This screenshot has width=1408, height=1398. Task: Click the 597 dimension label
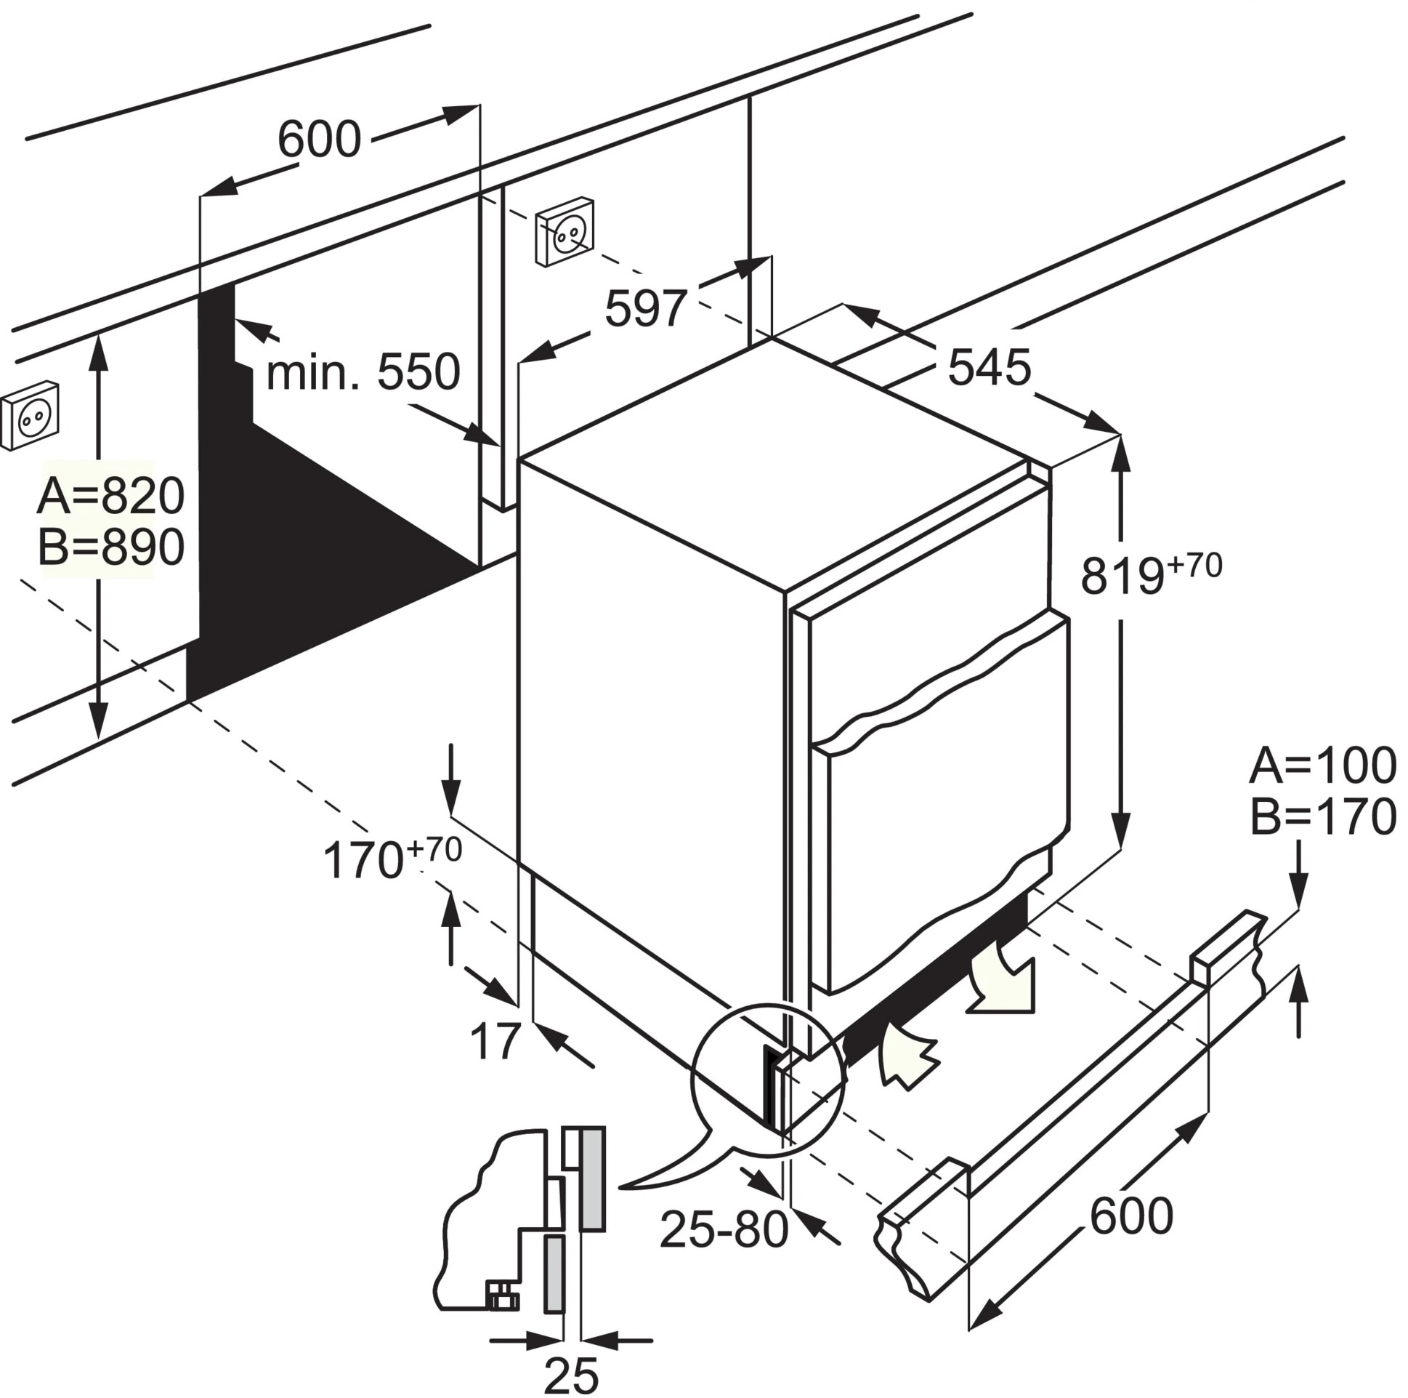[x=646, y=309]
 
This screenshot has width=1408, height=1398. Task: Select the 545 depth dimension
[x=989, y=367]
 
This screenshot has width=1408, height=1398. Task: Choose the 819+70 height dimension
[x=1150, y=574]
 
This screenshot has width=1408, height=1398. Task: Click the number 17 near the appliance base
[x=495, y=1040]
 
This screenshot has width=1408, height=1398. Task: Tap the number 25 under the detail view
[x=571, y=1375]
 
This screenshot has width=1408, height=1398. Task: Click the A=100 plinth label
[x=1323, y=766]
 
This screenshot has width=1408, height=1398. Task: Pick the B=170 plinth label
[x=1323, y=817]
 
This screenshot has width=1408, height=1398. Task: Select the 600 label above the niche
[x=319, y=140]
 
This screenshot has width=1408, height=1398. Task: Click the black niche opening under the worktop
[x=306, y=554]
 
